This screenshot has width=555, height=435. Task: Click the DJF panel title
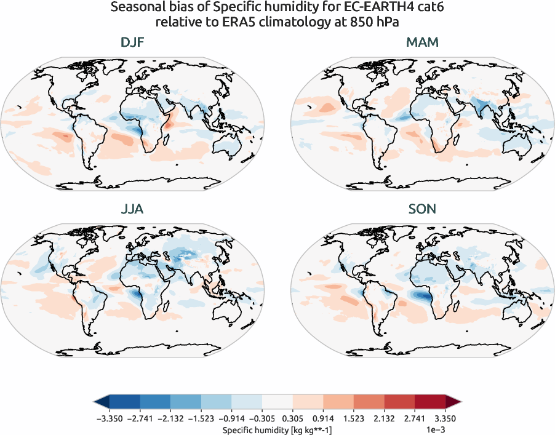(134, 43)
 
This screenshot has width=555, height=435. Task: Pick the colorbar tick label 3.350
(445, 418)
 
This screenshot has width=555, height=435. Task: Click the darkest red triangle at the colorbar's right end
(452, 402)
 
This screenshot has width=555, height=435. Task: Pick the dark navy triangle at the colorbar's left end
(102, 402)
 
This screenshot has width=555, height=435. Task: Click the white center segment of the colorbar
(277, 402)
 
